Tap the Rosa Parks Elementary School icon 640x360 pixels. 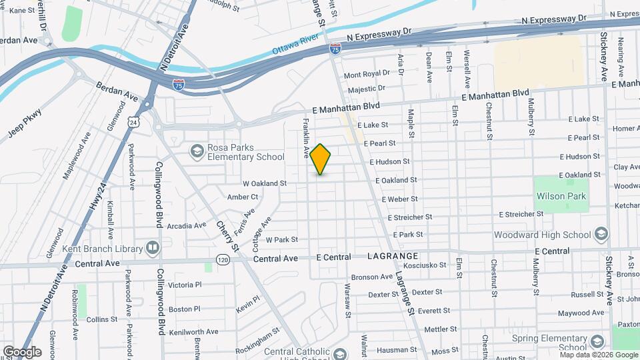point(197,151)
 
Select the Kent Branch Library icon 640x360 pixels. point(153,249)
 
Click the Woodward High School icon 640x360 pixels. point(601,234)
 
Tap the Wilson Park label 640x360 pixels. point(561,197)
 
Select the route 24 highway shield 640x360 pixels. point(135,123)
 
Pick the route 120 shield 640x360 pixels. point(223,259)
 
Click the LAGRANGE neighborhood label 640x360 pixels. point(392,256)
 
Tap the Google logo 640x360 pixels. point(22,351)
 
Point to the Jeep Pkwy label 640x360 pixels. point(25,121)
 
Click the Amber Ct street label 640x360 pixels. point(243,197)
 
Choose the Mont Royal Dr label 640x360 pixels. point(367,74)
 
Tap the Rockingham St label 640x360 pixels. point(257,343)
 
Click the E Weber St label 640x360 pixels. point(399,199)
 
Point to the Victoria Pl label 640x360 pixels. point(184,285)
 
